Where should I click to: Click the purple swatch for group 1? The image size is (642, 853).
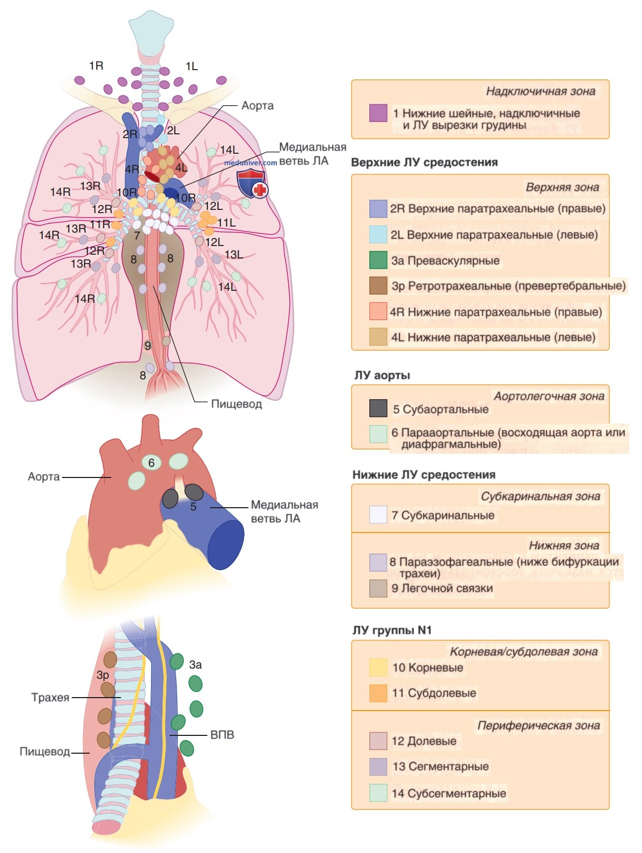click(378, 113)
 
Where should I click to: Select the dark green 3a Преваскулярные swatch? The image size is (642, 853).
click(378, 260)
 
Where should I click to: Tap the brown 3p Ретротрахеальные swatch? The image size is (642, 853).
click(378, 285)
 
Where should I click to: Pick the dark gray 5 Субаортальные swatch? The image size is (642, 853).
click(378, 408)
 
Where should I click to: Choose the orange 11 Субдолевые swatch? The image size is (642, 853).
click(378, 693)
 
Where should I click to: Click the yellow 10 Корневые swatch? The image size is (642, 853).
click(378, 667)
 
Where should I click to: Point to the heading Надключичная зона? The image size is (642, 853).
click(540, 91)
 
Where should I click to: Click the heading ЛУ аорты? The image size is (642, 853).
click(382, 376)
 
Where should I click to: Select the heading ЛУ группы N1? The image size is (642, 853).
click(392, 630)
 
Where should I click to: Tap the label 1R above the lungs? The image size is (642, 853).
click(96, 66)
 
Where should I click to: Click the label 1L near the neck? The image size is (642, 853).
click(191, 66)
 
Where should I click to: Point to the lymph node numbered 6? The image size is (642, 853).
click(151, 462)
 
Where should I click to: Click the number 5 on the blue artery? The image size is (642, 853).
click(193, 507)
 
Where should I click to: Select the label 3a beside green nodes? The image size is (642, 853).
click(195, 665)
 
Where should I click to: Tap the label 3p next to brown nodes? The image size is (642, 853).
click(103, 675)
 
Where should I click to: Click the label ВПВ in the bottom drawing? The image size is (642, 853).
click(222, 735)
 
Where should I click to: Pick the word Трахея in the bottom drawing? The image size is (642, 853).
click(50, 698)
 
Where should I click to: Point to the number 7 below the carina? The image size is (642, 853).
click(137, 235)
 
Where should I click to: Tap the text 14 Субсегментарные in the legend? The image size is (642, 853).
click(449, 793)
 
